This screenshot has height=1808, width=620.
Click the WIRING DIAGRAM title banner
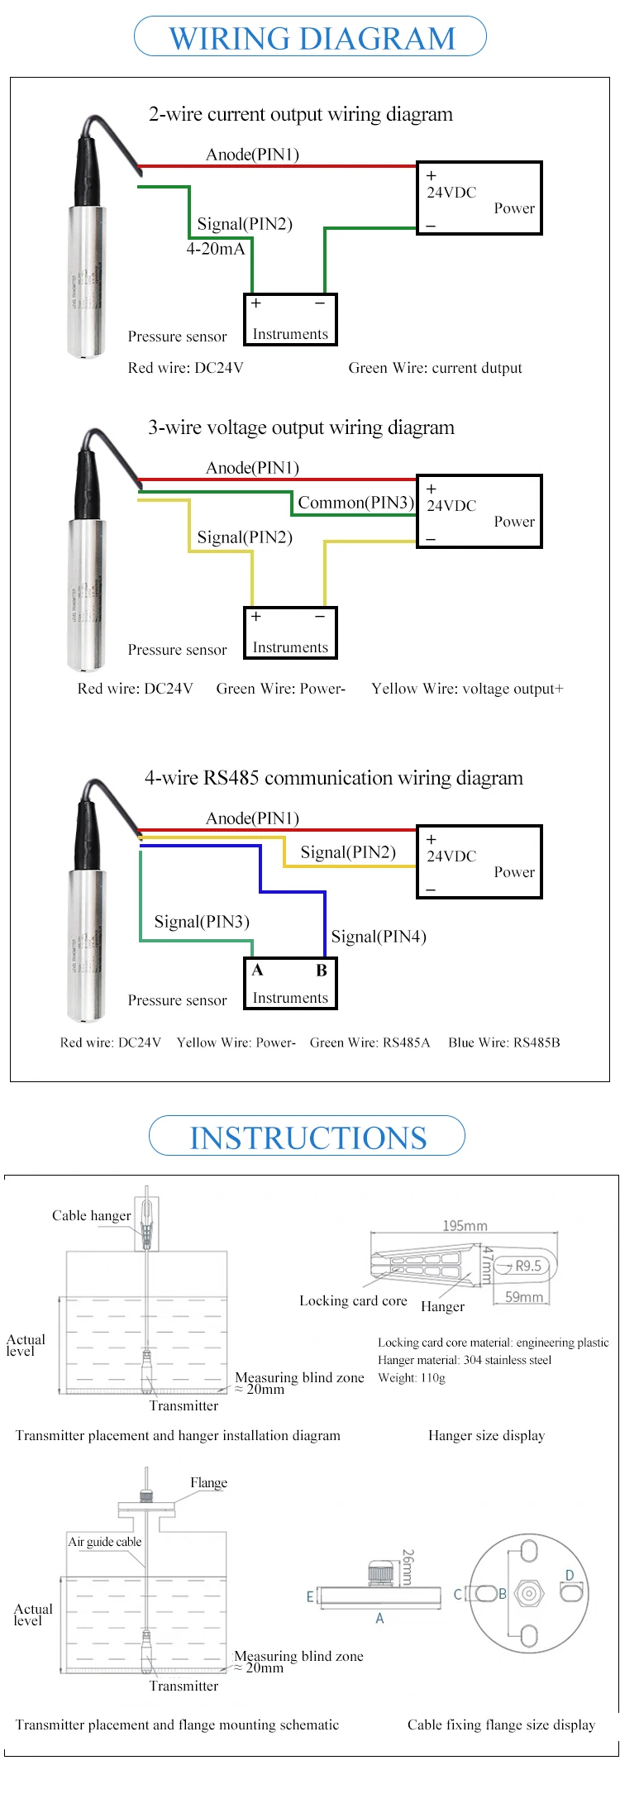click(311, 38)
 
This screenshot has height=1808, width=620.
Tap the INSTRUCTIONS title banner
click(308, 1138)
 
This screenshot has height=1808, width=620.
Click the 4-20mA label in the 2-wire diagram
click(216, 249)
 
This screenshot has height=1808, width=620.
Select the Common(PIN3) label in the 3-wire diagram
click(355, 503)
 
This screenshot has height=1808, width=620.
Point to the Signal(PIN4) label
click(379, 937)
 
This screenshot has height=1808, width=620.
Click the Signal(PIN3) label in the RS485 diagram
click(202, 922)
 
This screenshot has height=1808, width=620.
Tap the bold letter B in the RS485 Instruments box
click(322, 971)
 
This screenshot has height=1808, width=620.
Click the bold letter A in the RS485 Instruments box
click(257, 970)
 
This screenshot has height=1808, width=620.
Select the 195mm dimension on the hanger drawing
click(465, 1225)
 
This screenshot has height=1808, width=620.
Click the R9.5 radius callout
click(528, 1266)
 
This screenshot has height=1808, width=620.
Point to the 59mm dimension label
click(524, 1297)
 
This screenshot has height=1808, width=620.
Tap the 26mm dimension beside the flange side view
click(407, 1567)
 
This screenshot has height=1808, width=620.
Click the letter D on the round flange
click(570, 1575)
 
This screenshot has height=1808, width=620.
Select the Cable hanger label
click(91, 1215)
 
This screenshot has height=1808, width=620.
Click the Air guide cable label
click(105, 1542)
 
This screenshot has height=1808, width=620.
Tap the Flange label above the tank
click(208, 1482)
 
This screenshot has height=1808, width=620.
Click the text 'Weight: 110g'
click(412, 1377)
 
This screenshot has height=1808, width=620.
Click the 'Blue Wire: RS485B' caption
click(504, 1042)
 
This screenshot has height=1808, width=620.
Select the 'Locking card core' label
click(353, 1300)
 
